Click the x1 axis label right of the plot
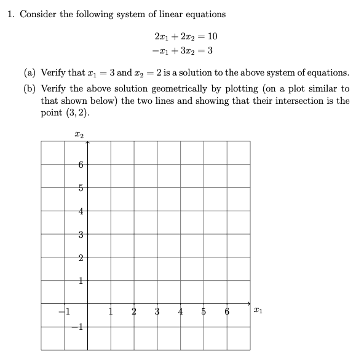(x=261, y=312)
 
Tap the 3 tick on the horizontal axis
(x=157, y=311)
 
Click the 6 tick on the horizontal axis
(x=226, y=311)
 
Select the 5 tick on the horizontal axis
(x=204, y=311)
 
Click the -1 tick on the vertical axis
(x=77, y=327)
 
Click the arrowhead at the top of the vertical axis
(x=88, y=143)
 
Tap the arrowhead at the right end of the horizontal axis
(x=248, y=303)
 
